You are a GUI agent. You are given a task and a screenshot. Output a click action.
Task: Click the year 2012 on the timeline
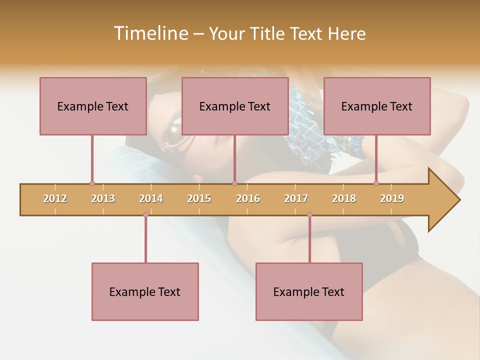click(55, 198)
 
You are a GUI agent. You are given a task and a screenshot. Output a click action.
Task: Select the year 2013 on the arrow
click(103, 198)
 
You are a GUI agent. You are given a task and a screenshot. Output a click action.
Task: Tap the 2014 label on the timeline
click(151, 198)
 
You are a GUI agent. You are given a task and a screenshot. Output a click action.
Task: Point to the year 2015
click(199, 198)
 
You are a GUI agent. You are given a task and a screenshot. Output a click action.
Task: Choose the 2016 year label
click(248, 198)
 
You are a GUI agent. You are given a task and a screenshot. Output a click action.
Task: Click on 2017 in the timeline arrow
click(296, 198)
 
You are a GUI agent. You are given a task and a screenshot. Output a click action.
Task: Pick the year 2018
click(344, 198)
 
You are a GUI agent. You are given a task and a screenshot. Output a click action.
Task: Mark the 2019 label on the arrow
click(392, 198)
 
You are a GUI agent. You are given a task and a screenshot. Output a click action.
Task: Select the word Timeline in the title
click(150, 33)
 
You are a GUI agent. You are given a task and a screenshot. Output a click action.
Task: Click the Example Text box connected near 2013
click(93, 106)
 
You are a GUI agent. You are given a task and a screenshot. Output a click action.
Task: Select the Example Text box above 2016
click(235, 106)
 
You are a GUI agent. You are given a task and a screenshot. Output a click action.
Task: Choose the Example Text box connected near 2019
click(377, 106)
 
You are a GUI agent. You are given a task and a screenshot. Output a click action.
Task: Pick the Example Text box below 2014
click(145, 291)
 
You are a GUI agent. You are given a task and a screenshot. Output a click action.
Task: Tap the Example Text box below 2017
click(309, 291)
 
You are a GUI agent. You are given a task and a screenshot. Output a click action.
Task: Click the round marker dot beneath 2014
click(145, 214)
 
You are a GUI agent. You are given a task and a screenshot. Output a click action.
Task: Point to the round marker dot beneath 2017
click(309, 214)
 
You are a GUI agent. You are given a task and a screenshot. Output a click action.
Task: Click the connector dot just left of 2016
click(234, 183)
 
